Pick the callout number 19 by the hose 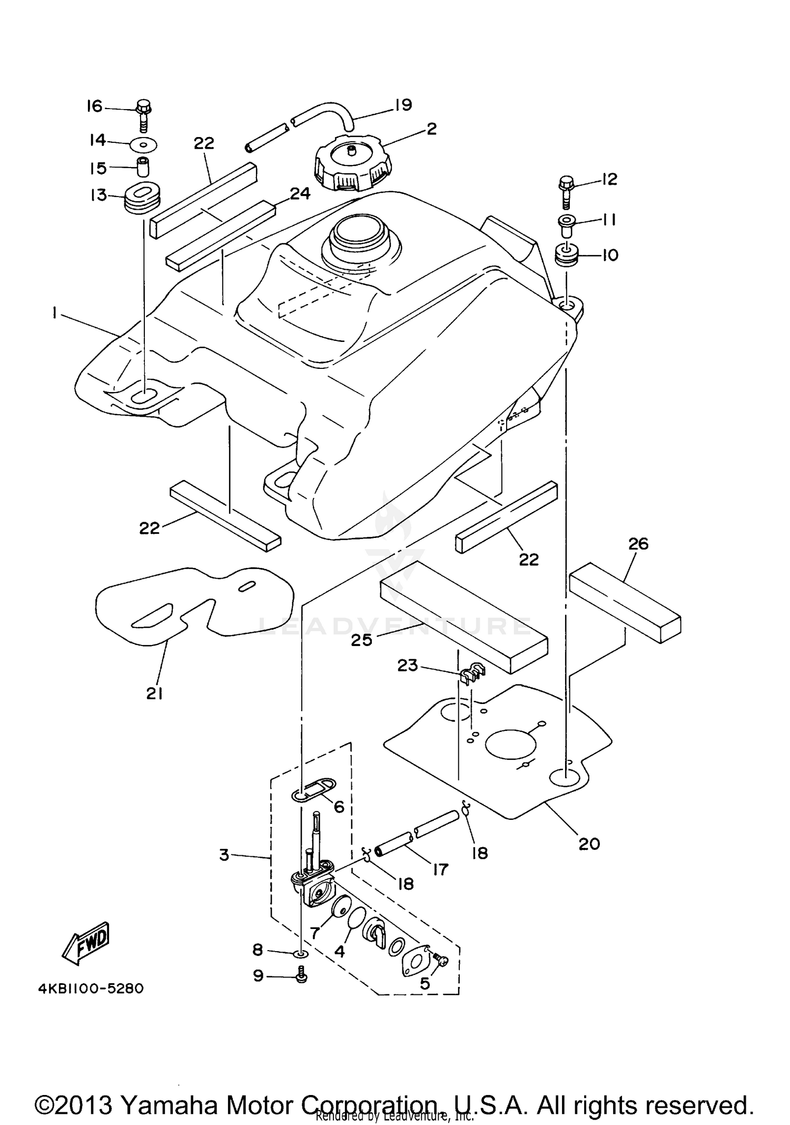[x=403, y=105]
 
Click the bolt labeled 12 [x=566, y=191]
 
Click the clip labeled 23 [x=473, y=673]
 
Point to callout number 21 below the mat [x=154, y=694]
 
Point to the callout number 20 [x=589, y=844]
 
